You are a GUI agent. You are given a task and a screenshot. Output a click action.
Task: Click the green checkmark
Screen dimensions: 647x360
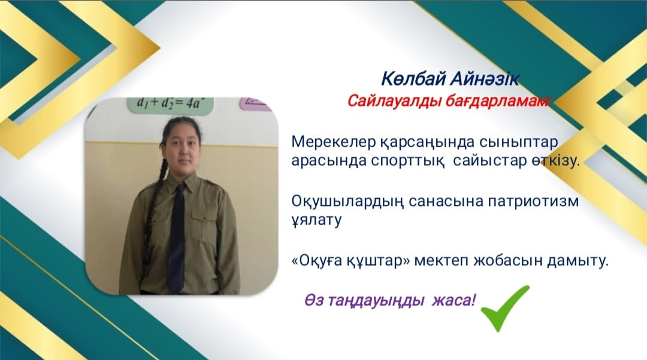point(504,309)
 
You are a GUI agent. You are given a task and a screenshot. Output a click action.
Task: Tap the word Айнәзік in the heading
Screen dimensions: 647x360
point(484,78)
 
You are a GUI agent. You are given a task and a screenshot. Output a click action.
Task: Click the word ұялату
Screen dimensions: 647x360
point(316,220)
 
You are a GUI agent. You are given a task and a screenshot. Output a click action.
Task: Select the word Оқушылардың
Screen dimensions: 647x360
point(347,202)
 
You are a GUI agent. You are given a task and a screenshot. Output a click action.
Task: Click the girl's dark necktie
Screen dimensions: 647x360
point(176,238)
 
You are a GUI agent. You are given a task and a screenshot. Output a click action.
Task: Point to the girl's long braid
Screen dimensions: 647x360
point(153,206)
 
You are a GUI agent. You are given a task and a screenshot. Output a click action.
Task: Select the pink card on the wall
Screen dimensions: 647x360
point(255,104)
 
